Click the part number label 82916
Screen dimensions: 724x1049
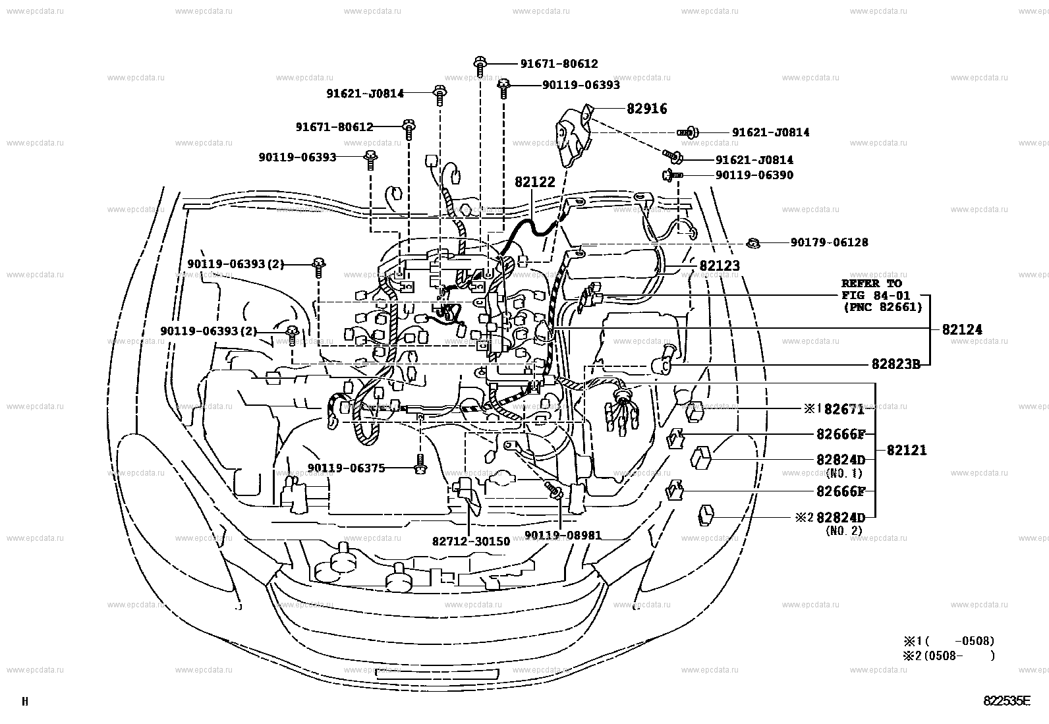(646, 109)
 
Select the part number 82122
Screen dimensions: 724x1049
(534, 182)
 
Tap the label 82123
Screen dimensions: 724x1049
(719, 266)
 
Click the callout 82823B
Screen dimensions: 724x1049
(895, 364)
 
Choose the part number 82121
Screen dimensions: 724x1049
(906, 451)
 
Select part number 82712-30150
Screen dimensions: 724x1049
(470, 541)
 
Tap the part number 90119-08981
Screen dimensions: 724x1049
(563, 536)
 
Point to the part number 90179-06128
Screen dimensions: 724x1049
(829, 242)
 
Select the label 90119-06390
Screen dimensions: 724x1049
(754, 175)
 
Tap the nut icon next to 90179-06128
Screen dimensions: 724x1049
(752, 243)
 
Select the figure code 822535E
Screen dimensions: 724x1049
(1006, 701)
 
